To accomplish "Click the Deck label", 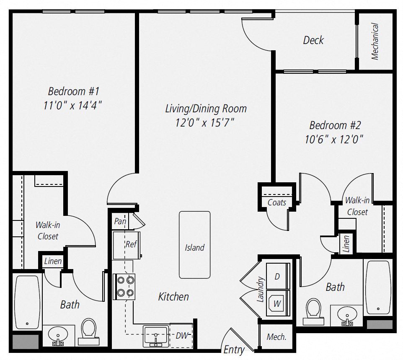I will [x=313, y=40].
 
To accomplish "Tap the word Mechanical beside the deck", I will [x=375, y=41].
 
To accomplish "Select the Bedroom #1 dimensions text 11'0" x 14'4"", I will [x=73, y=106].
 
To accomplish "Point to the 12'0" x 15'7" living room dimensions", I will [x=205, y=123].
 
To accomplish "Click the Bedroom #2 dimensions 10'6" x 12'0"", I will [x=334, y=139].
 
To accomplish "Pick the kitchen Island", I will [x=195, y=245].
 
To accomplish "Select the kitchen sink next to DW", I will [x=156, y=336].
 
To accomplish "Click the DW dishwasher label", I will [x=181, y=336].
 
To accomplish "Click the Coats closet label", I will [x=277, y=203].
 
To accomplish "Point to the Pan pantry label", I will [x=120, y=221].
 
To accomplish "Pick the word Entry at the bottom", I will [x=234, y=350].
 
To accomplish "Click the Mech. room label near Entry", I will [x=276, y=337].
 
